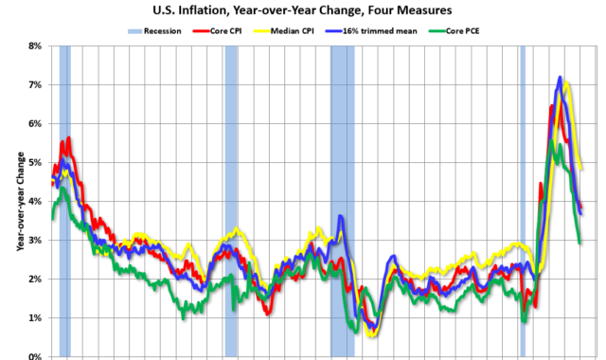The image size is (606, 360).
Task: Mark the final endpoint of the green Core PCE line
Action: point(580,243)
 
